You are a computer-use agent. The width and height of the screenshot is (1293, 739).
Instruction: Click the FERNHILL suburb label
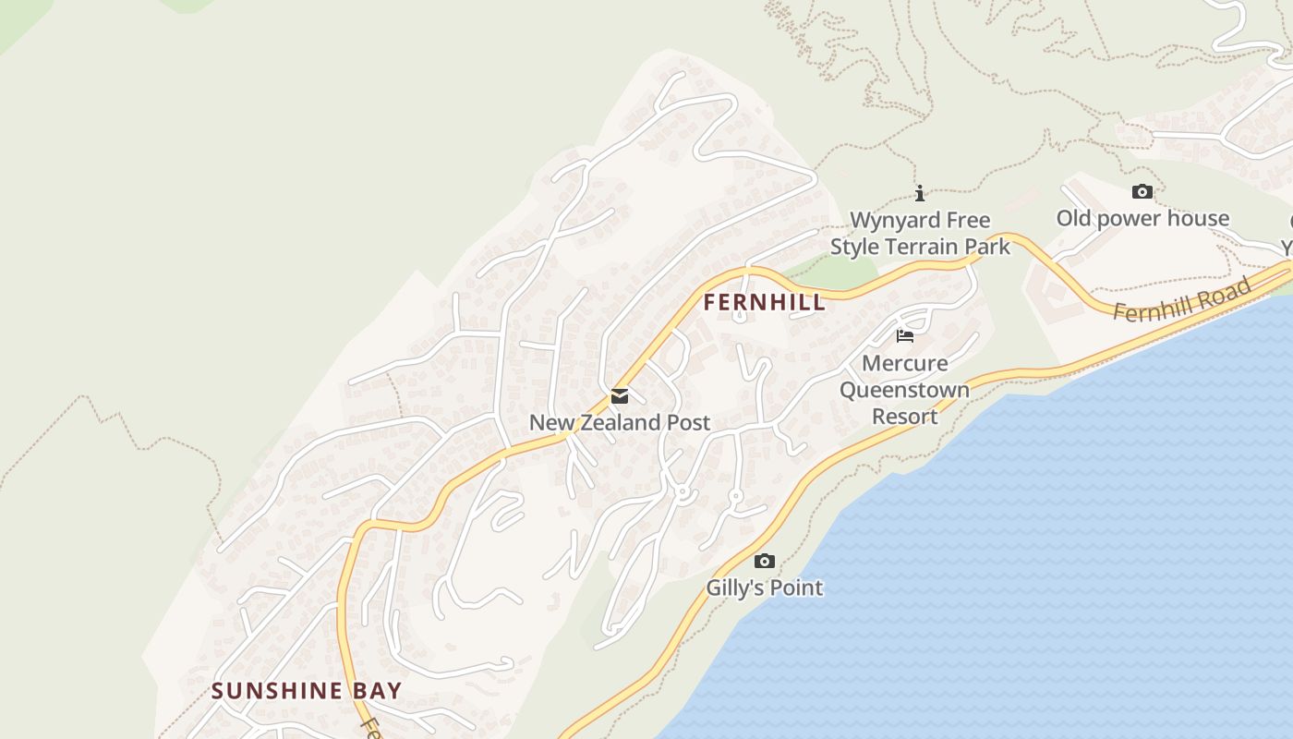click(764, 302)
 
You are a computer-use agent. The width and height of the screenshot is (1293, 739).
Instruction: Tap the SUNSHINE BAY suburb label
click(307, 691)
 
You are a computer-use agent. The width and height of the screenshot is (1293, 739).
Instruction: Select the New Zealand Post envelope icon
click(620, 396)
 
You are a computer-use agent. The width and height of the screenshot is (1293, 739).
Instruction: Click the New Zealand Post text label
click(620, 423)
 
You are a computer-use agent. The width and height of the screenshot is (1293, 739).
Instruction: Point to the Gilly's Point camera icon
click(765, 561)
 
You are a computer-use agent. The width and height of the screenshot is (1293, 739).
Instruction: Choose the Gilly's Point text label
click(765, 588)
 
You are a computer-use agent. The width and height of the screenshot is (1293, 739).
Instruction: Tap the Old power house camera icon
click(1142, 191)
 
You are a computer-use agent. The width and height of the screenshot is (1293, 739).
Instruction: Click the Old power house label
click(1142, 218)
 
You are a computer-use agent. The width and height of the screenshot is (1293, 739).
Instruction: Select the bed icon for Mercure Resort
click(905, 336)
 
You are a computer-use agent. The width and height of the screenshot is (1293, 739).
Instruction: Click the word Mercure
click(905, 363)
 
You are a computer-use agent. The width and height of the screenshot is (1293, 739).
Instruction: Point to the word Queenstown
click(905, 390)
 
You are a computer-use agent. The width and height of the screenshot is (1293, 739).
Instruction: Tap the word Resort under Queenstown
click(905, 417)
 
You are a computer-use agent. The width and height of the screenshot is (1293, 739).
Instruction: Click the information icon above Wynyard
click(920, 193)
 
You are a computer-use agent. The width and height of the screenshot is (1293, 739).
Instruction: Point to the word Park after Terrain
click(987, 247)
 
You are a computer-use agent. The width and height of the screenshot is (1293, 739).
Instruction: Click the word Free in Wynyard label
click(967, 220)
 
